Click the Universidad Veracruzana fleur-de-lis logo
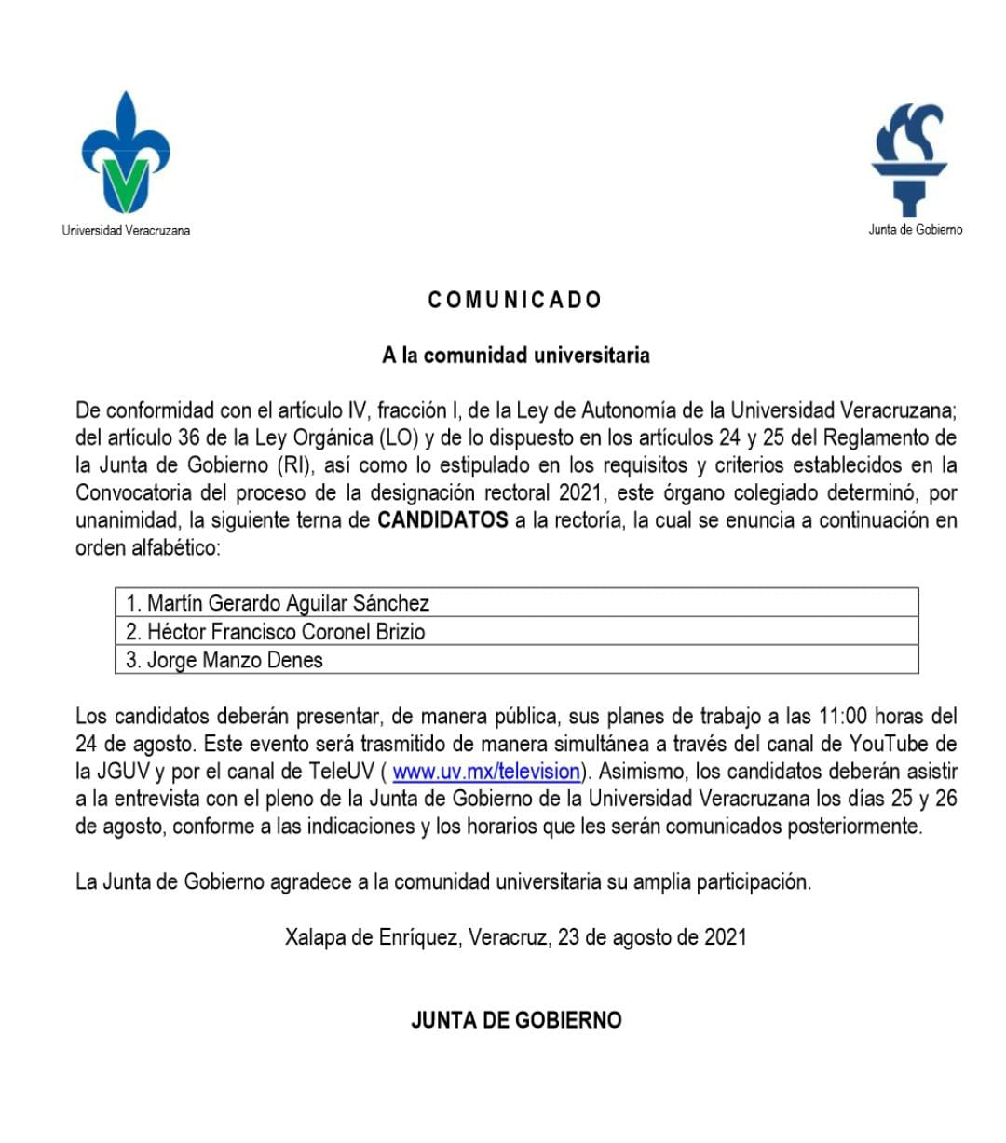point(126,154)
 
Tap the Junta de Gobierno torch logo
point(909,158)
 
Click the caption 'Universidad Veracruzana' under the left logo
point(126,230)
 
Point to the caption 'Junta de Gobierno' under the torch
point(916,229)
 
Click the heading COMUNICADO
point(515,300)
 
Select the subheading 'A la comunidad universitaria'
point(515,355)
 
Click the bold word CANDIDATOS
point(442,519)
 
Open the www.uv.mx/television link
point(486,771)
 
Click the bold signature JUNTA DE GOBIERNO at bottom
point(515,1020)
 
